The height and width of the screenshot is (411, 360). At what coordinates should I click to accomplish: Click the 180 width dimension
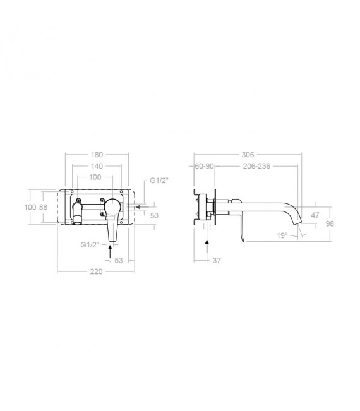[97, 155]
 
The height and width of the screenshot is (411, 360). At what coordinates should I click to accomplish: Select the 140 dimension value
[97, 166]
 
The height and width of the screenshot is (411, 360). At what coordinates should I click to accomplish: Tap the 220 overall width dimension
[96, 271]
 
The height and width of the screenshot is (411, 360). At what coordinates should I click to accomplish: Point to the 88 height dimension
[43, 207]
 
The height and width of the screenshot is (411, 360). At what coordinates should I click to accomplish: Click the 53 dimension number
[119, 261]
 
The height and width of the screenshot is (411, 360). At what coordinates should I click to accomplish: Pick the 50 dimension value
[154, 215]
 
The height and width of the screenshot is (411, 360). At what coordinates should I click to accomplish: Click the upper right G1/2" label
[159, 181]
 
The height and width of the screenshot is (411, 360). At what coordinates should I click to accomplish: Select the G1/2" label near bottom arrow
[90, 245]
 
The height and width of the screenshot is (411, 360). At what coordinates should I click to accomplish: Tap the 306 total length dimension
[248, 155]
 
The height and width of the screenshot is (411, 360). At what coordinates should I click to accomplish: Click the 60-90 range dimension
[204, 166]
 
